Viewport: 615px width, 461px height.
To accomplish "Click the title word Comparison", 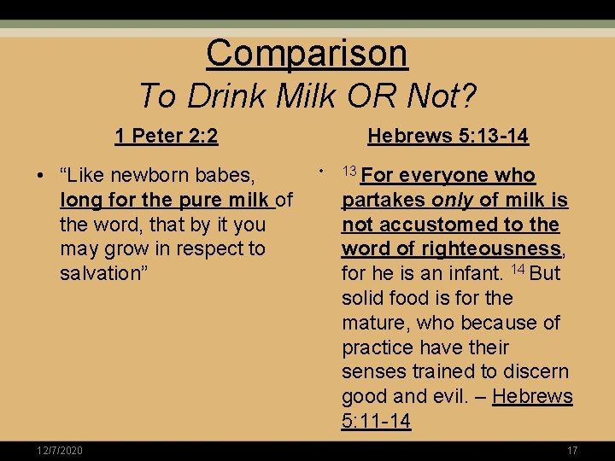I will tap(307, 53).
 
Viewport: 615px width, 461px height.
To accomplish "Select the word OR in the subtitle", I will tap(374, 96).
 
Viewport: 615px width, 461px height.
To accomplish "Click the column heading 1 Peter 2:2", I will tap(167, 136).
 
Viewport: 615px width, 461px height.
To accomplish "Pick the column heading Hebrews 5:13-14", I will tap(448, 136).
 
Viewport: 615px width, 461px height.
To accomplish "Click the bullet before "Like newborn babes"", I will tap(41, 177).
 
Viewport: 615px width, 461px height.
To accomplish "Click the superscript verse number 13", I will tap(348, 172).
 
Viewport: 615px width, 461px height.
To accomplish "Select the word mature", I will tap(375, 324).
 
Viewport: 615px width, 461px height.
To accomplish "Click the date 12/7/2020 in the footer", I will tap(60, 450).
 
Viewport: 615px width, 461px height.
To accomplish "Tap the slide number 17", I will tap(571, 450).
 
